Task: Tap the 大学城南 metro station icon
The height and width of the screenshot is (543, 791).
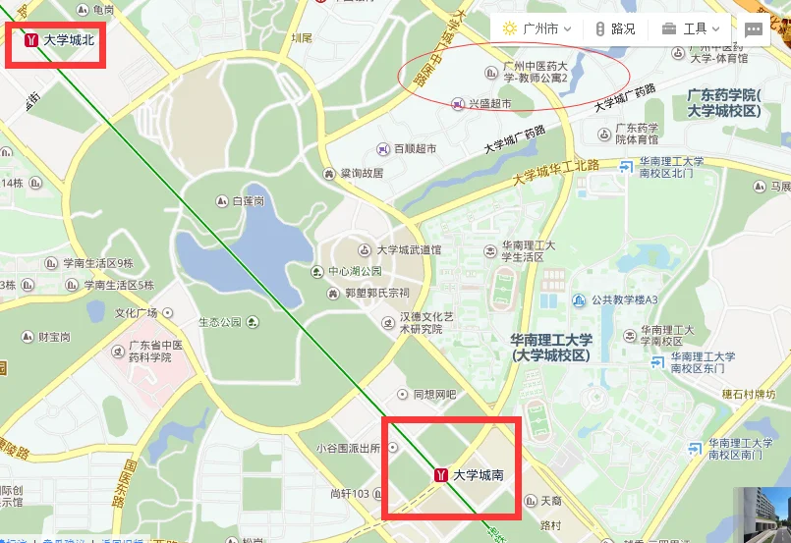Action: pyautogui.click(x=442, y=475)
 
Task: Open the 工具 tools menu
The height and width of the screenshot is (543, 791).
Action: pyautogui.click(x=692, y=28)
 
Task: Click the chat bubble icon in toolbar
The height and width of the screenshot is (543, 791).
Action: pyautogui.click(x=754, y=29)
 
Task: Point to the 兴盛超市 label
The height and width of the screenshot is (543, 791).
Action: pyautogui.click(x=488, y=103)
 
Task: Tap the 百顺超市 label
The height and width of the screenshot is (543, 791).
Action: pyautogui.click(x=415, y=149)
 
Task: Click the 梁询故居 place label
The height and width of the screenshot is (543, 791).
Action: pyautogui.click(x=361, y=173)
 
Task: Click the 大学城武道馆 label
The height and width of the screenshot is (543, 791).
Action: pyautogui.click(x=409, y=250)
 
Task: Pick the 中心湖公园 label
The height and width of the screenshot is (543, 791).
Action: pyautogui.click(x=355, y=271)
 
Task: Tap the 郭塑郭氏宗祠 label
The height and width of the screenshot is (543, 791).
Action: pyautogui.click(x=368, y=293)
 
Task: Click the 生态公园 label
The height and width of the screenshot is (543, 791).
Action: pyautogui.click(x=219, y=321)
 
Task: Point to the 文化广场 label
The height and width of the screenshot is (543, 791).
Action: pyautogui.click(x=137, y=313)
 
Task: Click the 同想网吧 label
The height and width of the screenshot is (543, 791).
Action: pyautogui.click(x=434, y=394)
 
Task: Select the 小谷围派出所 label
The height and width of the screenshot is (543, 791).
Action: pyautogui.click(x=348, y=447)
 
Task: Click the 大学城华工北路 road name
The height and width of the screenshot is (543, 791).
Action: pyautogui.click(x=556, y=173)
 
